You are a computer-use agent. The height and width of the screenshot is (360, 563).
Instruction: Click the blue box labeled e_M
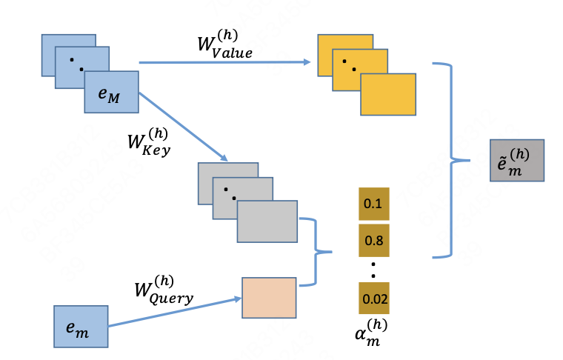(x=112, y=92)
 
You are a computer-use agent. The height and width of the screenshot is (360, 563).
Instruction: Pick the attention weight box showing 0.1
(x=373, y=204)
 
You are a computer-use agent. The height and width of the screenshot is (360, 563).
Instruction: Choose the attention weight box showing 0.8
(x=373, y=240)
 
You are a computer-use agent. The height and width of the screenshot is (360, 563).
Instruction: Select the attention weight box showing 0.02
(x=373, y=299)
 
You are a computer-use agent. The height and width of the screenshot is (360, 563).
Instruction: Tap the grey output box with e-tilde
(x=517, y=160)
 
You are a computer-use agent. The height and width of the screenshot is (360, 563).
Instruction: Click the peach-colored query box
(x=269, y=298)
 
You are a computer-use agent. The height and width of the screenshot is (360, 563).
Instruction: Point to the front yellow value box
(x=388, y=94)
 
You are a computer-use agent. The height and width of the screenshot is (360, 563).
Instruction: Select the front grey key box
(x=267, y=221)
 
